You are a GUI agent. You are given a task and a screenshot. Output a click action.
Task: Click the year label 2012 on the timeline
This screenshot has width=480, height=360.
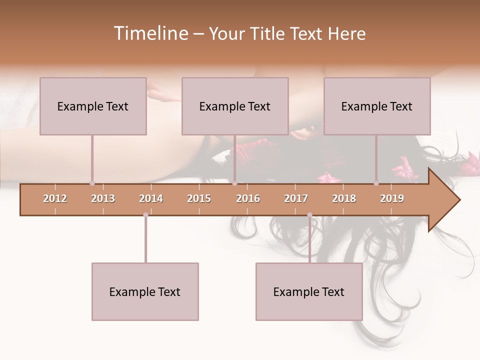pyautogui.click(x=55, y=198)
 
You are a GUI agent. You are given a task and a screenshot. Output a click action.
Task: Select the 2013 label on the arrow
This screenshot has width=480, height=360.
pyautogui.click(x=103, y=198)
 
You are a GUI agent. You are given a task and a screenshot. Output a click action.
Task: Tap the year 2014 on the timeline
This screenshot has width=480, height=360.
pyautogui.click(x=151, y=198)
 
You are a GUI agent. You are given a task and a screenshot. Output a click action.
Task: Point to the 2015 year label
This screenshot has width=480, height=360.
pyautogui.click(x=199, y=198)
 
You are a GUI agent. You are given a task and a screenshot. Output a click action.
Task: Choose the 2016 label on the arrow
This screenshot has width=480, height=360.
pyautogui.click(x=248, y=198)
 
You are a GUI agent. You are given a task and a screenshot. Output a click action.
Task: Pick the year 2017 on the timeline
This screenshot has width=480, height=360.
pyautogui.click(x=296, y=198)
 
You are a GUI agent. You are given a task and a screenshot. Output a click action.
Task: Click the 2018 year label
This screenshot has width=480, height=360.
pyautogui.click(x=344, y=198)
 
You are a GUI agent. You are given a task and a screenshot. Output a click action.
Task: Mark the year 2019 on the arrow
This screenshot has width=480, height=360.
pyautogui.click(x=392, y=198)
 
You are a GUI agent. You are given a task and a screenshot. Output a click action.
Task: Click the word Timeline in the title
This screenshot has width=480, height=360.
pyautogui.click(x=150, y=33)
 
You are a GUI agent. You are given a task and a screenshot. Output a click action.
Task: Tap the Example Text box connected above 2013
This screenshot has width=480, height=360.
pyautogui.click(x=93, y=106)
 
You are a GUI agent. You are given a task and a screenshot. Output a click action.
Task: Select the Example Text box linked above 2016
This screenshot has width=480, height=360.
pyautogui.click(x=235, y=106)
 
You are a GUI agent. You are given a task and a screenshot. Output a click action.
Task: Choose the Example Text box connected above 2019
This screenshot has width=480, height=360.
pyautogui.click(x=377, y=106)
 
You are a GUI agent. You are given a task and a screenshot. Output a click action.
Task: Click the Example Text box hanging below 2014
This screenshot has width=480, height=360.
pyautogui.click(x=145, y=291)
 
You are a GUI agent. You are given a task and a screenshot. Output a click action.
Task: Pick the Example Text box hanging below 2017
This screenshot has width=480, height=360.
pyautogui.click(x=309, y=291)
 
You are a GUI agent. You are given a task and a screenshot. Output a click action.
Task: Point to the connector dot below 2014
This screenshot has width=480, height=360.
pyautogui.click(x=145, y=215)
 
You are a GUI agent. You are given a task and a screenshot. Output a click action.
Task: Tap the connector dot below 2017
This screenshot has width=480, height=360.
pyautogui.click(x=309, y=215)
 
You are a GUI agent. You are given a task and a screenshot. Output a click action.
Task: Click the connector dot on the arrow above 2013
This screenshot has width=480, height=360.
pyautogui.click(x=92, y=183)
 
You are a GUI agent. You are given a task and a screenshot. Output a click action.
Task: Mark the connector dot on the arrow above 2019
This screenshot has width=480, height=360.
pyautogui.click(x=376, y=183)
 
